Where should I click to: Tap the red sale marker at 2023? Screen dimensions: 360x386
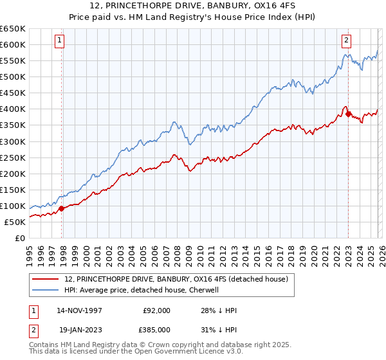coord(348,114)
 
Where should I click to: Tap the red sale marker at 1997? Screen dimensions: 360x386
coord(62,208)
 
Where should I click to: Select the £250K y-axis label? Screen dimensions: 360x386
coord(13,157)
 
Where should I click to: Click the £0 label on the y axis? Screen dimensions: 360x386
coord(20,238)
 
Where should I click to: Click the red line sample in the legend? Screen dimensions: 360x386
coord(46,278)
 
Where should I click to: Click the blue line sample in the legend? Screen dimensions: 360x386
coord(46,290)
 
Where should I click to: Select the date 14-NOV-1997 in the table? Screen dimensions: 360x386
coord(81,310)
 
